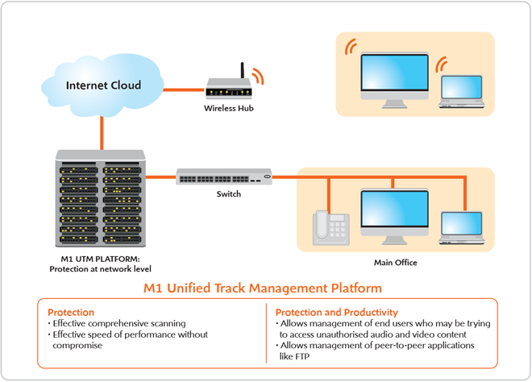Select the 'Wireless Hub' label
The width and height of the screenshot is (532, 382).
click(228, 108)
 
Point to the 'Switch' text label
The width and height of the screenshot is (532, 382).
click(228, 194)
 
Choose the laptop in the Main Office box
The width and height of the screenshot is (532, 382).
click(462, 228)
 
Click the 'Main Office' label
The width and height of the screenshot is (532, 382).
click(395, 263)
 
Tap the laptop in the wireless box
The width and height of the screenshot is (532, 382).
click(462, 90)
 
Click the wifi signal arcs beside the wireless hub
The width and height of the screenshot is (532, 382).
click(257, 76)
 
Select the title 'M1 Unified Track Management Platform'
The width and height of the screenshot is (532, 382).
click(263, 287)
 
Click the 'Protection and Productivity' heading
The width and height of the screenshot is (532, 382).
click(336, 312)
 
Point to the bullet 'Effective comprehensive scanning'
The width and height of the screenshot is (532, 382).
click(120, 323)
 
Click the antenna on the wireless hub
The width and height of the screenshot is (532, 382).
click(240, 71)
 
